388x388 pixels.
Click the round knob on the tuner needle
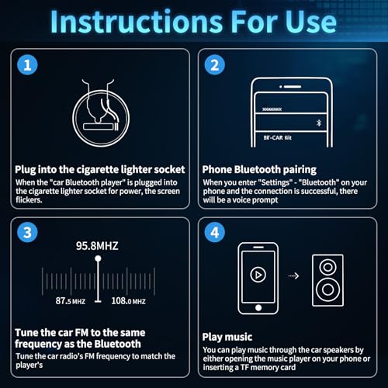pyautogui.click(x=98, y=261)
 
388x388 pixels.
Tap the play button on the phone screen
pyautogui.click(x=258, y=275)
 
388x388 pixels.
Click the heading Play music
pyautogui.click(x=227, y=337)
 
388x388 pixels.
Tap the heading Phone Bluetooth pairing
pyautogui.click(x=258, y=168)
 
